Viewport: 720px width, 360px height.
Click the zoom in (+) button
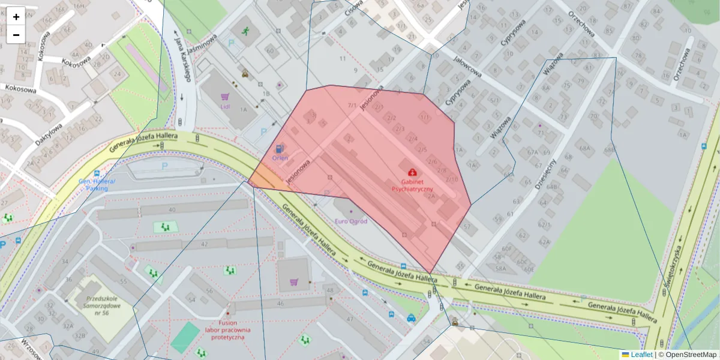click(16, 16)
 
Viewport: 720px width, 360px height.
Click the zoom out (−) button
click(16, 35)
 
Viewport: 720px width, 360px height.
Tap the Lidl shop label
click(225, 107)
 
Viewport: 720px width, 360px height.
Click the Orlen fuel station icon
click(279, 148)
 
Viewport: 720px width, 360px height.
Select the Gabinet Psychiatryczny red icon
click(412, 172)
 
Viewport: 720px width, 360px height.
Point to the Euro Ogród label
click(351, 221)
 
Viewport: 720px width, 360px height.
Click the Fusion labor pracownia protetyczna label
click(227, 329)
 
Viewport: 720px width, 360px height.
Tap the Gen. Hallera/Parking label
click(97, 184)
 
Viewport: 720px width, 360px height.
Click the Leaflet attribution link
click(641, 355)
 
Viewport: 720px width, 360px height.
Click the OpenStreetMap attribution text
click(691, 355)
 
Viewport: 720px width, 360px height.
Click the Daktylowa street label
click(47, 139)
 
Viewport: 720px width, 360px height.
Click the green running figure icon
click(245, 31)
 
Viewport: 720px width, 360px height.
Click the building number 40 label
click(172, 209)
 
